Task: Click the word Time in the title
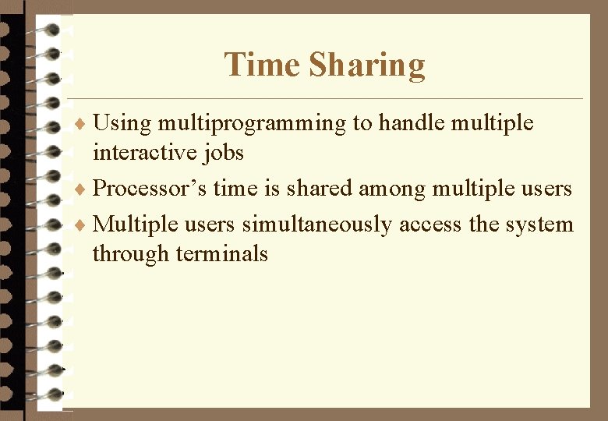click(262, 65)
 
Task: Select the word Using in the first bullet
click(121, 123)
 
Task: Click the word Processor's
click(149, 189)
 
